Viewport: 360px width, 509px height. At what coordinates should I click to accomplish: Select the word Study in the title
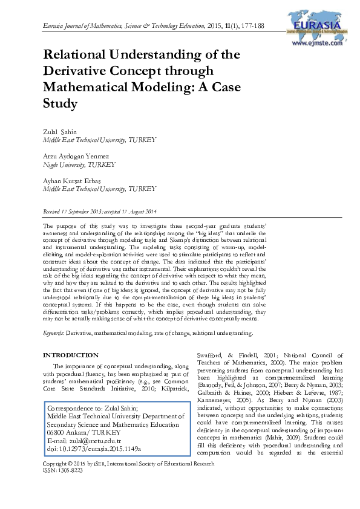point(61,103)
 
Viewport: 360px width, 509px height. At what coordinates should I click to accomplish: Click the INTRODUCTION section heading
point(70,355)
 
